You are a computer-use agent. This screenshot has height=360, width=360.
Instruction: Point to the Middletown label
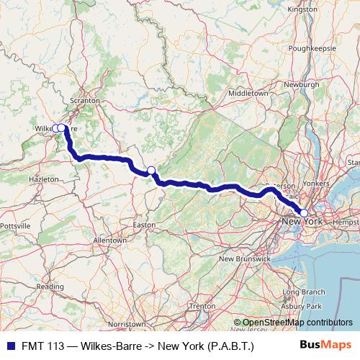coord(248,94)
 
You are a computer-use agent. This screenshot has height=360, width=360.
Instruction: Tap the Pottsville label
coord(14,225)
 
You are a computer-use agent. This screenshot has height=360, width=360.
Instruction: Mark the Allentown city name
coord(110,240)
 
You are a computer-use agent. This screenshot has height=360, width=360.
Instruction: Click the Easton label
coord(145,225)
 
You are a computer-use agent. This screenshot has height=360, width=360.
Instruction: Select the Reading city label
coord(50,286)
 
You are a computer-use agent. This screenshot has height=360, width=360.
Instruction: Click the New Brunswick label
coord(245,258)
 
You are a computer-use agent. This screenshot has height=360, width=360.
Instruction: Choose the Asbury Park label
coord(301,307)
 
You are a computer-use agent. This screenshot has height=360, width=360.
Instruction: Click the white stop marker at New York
coord(304,212)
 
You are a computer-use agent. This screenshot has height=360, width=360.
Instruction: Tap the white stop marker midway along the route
coord(151,171)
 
